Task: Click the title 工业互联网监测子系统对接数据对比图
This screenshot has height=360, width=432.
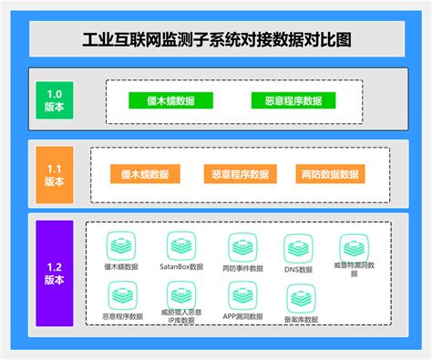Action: pos(216,39)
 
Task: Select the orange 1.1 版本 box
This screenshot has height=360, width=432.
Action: pos(54,174)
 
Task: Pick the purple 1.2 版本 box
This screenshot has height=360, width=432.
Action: pos(54,273)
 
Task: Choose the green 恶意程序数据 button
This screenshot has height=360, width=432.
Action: pos(287,100)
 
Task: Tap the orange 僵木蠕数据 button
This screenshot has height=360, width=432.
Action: pos(144,173)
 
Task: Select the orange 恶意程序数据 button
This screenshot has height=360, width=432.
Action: pos(239,173)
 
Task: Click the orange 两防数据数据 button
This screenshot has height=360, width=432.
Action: pos(331,173)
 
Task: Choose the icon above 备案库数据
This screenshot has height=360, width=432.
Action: pos(301,297)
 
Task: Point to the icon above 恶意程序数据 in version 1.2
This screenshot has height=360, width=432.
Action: pos(121,294)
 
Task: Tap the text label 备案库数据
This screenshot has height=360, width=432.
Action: pos(301,320)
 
